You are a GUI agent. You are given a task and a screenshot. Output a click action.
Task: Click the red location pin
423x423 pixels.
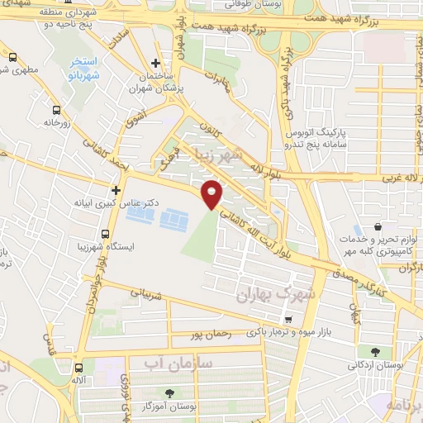(x=214, y=194)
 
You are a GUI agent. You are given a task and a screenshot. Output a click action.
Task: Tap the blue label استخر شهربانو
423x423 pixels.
(x=84, y=67)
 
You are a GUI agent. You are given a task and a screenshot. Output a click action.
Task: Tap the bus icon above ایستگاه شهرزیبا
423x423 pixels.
(x=105, y=234)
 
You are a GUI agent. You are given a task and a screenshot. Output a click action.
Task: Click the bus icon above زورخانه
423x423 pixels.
(x=56, y=110)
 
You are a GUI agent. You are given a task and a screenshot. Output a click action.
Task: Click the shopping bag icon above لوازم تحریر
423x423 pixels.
(x=377, y=228)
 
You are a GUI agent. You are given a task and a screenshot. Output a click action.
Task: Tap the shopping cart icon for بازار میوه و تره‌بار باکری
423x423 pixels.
(x=287, y=320)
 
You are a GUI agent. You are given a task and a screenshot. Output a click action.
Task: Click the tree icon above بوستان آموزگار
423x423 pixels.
(x=170, y=393)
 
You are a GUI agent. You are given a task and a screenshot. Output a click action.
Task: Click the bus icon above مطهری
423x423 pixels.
(x=12, y=58)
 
